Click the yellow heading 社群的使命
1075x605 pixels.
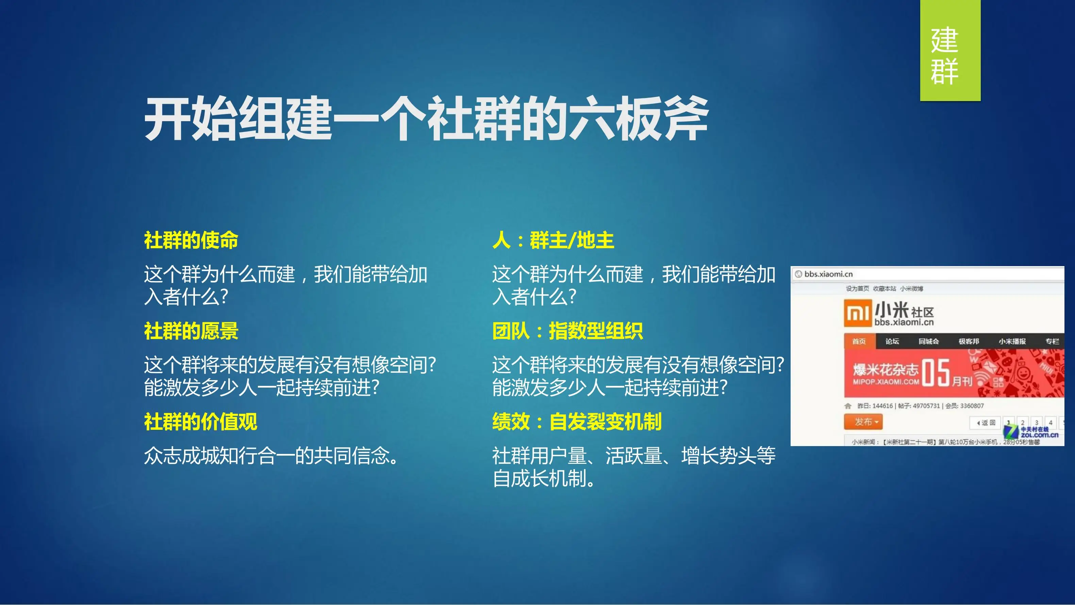191,241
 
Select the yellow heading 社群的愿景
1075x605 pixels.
191,331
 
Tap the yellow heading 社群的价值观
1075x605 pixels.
200,422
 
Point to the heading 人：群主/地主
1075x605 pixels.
553,241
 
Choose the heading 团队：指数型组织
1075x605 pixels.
567,331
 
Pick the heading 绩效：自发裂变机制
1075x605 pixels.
577,422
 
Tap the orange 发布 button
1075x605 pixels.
863,422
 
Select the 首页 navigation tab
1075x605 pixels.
859,342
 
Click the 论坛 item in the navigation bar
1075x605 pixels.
892,342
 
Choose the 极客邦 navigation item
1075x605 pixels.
969,342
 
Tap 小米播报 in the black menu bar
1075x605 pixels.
1012,342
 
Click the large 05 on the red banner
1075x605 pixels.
936,373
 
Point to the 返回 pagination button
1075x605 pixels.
986,423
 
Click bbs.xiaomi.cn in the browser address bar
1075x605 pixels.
828,274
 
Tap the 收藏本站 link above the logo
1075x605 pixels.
884,289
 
